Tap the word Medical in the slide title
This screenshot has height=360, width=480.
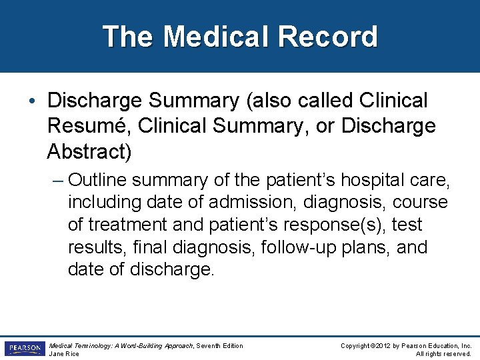pos(211,37)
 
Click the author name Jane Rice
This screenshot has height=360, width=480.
pos(64,353)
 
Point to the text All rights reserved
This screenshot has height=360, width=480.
pos(443,353)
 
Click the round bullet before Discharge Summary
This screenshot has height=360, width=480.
pos(33,101)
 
